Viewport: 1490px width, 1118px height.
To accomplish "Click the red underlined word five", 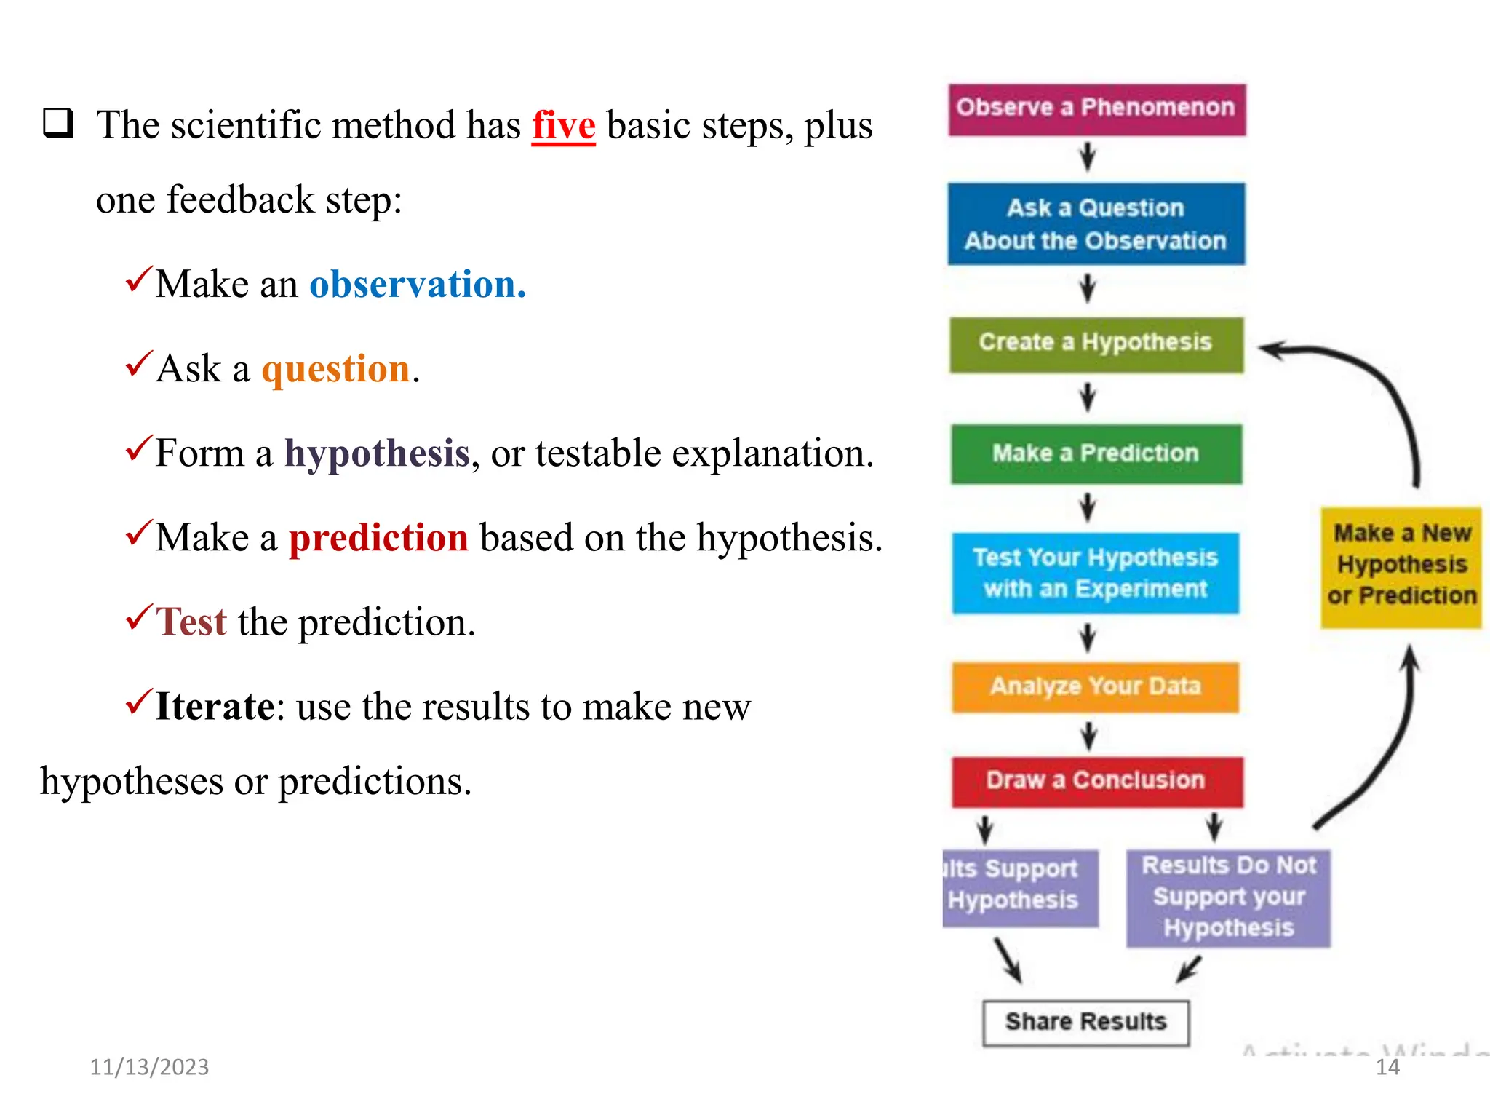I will click(563, 125).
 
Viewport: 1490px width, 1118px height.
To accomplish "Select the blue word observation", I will click(417, 284).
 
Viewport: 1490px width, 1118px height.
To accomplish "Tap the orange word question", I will click(336, 368).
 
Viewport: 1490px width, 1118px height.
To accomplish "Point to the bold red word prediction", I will click(378, 538).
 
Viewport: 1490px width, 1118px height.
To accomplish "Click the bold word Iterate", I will click(215, 707).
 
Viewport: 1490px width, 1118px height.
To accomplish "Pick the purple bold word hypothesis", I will click(377, 453).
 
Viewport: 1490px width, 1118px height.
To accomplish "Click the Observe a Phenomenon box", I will click(1096, 109).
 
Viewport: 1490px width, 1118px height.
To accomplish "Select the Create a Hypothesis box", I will click(1096, 344).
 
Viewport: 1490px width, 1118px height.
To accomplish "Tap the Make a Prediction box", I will click(1096, 454).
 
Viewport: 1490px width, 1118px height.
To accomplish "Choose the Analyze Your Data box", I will click(1095, 686).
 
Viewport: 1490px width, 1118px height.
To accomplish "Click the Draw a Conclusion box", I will click(1096, 782).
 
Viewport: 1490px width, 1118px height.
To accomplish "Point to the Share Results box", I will click(1085, 1023).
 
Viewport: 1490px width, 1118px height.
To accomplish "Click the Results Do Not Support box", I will click(1228, 897).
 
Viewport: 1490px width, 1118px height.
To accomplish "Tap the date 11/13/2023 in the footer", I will click(149, 1067).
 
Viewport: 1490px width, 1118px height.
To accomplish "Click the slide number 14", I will click(1387, 1067).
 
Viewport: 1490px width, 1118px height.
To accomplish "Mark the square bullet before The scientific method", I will click(58, 123).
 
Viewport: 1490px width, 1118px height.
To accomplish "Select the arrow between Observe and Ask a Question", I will click(1088, 156).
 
